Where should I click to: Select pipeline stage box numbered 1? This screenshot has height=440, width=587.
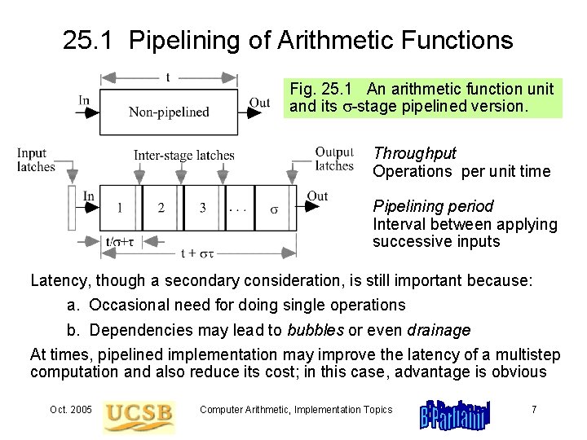pyautogui.click(x=121, y=208)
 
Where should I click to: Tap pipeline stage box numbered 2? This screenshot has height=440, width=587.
pyautogui.click(x=161, y=208)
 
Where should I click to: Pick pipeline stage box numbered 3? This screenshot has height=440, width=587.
pyautogui.click(x=203, y=208)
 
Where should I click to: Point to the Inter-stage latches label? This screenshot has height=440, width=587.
pyautogui.click(x=184, y=155)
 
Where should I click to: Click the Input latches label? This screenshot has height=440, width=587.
pyautogui.click(x=35, y=160)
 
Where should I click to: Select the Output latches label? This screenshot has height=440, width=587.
pyautogui.click(x=334, y=159)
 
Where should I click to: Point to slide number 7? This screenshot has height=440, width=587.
pyautogui.click(x=533, y=409)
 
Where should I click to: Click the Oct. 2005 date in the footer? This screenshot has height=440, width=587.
pyautogui.click(x=70, y=409)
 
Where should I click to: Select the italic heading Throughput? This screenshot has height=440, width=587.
pyautogui.click(x=414, y=153)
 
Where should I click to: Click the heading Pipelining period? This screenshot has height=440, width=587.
pyautogui.click(x=433, y=206)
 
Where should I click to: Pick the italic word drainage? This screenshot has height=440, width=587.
pyautogui.click(x=439, y=330)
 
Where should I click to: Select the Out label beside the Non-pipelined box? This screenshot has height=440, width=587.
pyautogui.click(x=259, y=103)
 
